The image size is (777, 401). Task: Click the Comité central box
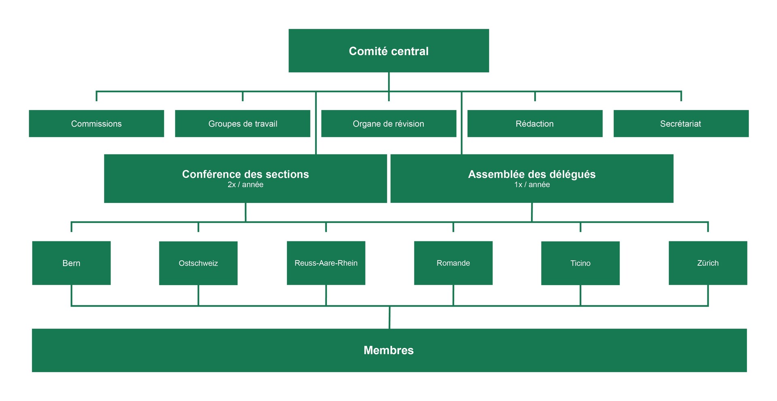388,51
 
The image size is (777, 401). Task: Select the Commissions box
96,124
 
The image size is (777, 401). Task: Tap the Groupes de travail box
243,124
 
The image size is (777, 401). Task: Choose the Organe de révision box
389,124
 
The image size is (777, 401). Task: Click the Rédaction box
535,124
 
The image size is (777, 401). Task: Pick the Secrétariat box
681,124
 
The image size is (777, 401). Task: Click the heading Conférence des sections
245,174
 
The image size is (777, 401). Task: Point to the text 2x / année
245,185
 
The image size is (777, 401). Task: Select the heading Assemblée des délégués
532,174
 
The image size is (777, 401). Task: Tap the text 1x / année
532,185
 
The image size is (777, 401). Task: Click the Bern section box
71,263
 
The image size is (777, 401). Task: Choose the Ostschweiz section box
198,263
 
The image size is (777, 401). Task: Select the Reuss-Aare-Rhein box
326,263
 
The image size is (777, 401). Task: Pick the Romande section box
453,263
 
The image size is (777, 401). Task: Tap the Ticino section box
580,263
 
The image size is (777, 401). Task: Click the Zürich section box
708,263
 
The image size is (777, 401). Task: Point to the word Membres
388,350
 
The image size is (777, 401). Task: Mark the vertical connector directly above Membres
389,317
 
